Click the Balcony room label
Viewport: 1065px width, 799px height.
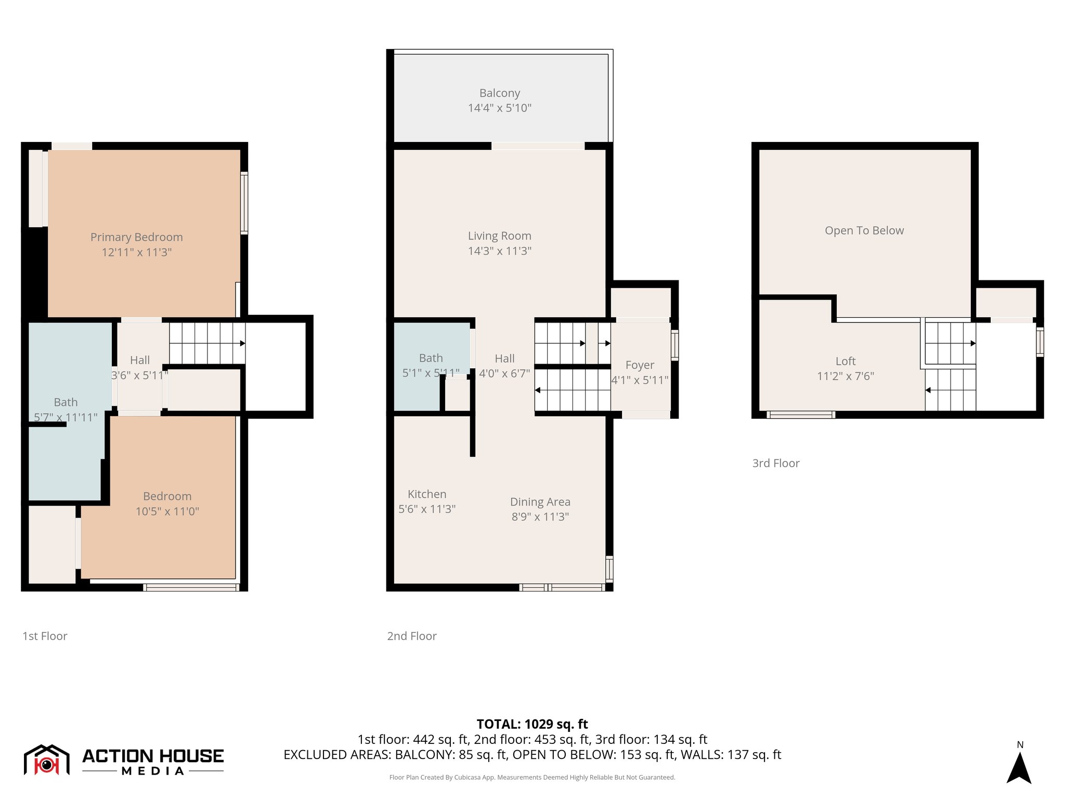(499, 93)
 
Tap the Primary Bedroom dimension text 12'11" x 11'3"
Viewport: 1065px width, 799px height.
(137, 252)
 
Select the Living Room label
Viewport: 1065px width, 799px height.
(499, 236)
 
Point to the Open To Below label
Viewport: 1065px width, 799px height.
(864, 230)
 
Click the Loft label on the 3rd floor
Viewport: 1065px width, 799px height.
(845, 361)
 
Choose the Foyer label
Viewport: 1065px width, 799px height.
(639, 365)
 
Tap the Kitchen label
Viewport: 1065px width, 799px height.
(426, 494)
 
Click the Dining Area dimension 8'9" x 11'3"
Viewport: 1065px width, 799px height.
(540, 517)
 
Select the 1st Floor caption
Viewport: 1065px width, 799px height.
(45, 636)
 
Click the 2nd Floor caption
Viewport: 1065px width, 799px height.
(411, 636)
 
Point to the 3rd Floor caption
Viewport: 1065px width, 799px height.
(775, 463)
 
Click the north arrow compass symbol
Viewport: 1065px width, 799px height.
(1019, 767)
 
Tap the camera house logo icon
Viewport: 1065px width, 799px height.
(46, 760)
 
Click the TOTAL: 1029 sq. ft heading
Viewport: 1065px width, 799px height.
(532, 724)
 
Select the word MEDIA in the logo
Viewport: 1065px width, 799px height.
(153, 771)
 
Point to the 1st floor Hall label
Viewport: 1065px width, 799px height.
(139, 360)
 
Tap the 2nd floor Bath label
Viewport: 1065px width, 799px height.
(431, 358)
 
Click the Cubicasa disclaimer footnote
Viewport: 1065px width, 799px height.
(532, 777)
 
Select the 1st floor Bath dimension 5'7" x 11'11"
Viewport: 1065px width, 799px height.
(66, 417)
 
